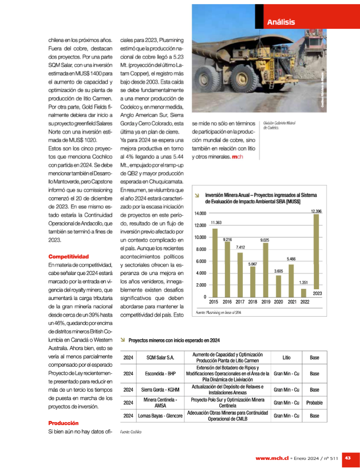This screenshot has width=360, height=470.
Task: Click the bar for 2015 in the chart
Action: [x=215, y=263]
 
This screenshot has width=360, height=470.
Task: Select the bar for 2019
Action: [x=266, y=270]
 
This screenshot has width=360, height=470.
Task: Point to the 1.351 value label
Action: [x=303, y=282]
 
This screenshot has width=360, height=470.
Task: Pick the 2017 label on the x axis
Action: [x=240, y=302]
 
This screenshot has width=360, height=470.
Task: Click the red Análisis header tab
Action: [x=281, y=22]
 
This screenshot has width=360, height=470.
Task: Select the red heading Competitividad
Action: [x=69, y=257]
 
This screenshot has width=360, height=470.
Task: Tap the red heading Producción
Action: [x=64, y=423]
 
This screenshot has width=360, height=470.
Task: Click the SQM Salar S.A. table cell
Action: [x=160, y=358]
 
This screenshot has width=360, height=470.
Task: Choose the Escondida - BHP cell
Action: [x=160, y=374]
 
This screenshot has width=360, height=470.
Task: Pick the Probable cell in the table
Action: [x=314, y=403]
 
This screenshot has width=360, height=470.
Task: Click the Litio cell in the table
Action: [x=286, y=358]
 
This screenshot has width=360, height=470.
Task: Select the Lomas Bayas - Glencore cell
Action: [x=160, y=416]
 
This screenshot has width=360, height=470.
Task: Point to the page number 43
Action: [x=348, y=458]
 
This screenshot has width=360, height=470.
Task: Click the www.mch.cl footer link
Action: [x=271, y=458]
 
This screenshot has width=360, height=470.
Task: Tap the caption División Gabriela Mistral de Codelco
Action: [x=279, y=125]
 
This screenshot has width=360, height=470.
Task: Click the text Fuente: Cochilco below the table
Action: [x=130, y=432]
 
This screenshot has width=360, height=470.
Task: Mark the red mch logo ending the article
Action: [x=238, y=157]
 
